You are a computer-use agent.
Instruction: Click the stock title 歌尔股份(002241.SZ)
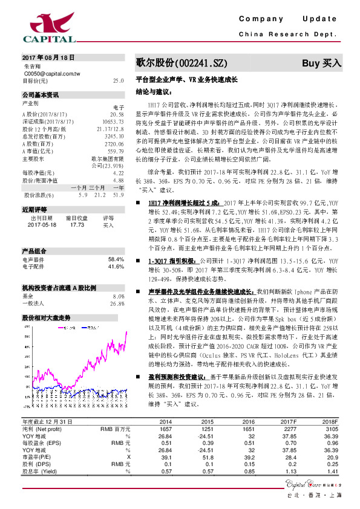pyautogui.click(x=182, y=63)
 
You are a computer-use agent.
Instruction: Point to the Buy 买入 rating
pyautogui.click(x=322, y=63)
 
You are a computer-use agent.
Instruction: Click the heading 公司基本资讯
pyautogui.click(x=41, y=95)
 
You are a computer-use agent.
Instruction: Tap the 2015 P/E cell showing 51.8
pyautogui.click(x=208, y=457)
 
